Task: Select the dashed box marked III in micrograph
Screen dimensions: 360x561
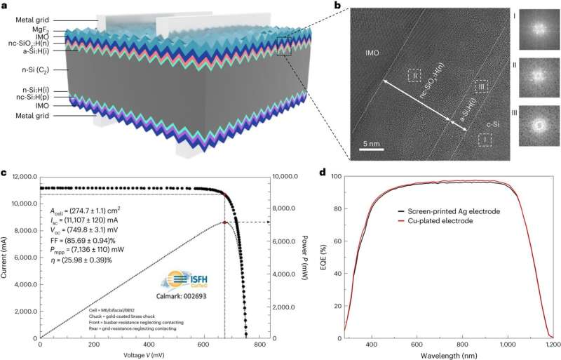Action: tap(481, 86)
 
